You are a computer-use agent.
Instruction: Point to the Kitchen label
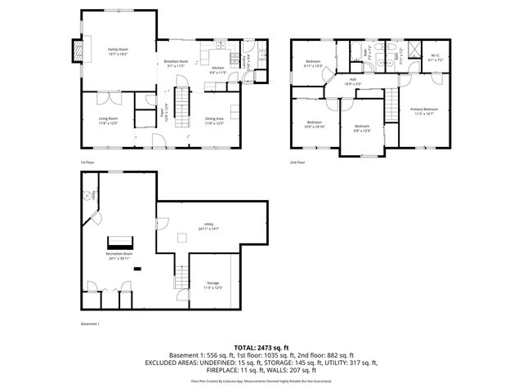217,70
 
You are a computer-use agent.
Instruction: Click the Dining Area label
214,121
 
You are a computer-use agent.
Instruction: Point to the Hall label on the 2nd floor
352,82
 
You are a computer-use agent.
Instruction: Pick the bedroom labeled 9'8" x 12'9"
362,128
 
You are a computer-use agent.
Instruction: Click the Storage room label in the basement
212,285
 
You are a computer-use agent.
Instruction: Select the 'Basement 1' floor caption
90,324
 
